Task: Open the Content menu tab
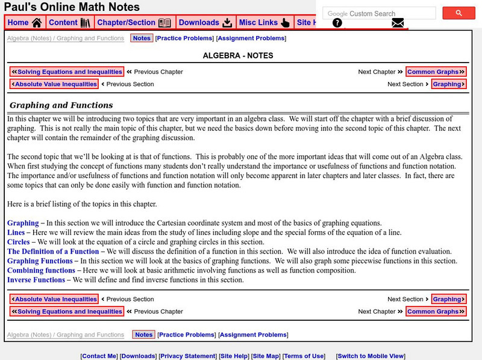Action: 69,23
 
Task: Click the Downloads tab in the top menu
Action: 205,23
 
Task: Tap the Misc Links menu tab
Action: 264,23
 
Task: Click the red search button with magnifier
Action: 459,13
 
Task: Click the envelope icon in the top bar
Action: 398,23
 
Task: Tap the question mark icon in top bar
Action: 337,23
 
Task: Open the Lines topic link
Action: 17,232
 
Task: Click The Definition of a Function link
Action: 53,252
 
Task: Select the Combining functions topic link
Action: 41,270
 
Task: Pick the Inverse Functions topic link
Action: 36,280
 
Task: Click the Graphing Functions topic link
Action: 40,261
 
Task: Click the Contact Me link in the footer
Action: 99,356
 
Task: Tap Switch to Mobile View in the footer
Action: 371,356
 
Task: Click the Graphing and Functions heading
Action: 61,105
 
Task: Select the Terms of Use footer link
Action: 304,356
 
